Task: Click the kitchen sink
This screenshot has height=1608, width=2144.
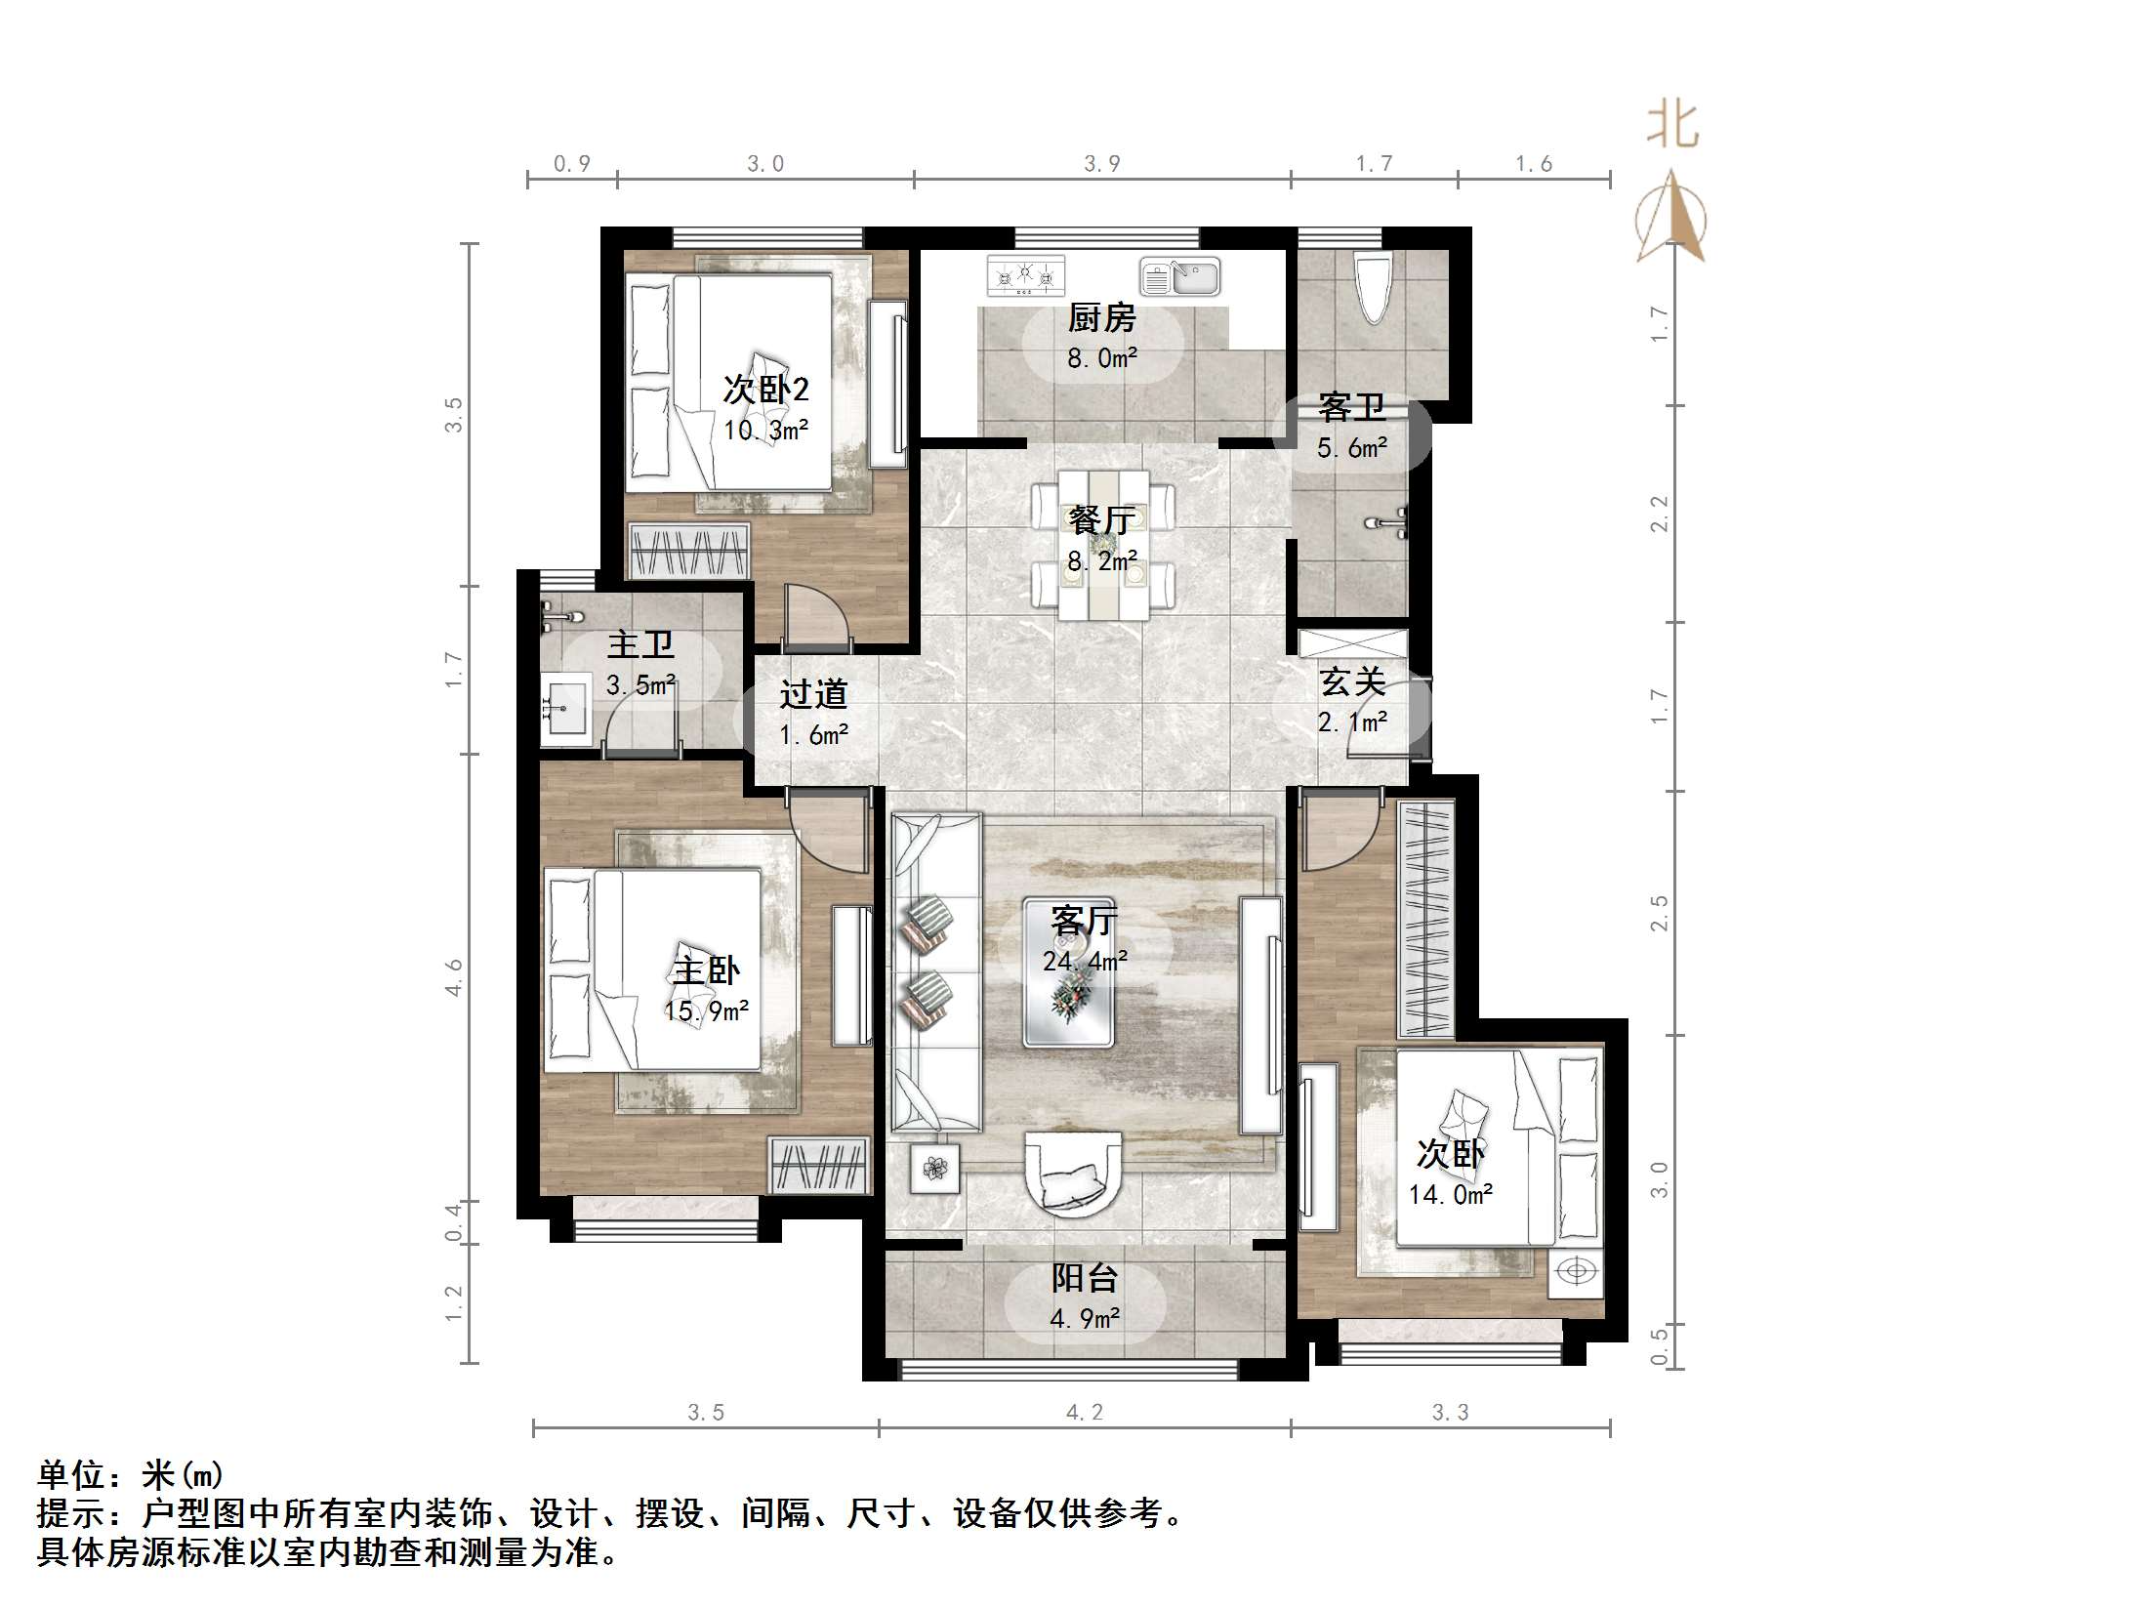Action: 1180,277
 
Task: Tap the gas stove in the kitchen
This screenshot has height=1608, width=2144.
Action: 1024,277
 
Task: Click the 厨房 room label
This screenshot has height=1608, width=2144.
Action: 1101,317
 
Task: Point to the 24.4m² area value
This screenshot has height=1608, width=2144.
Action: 1085,962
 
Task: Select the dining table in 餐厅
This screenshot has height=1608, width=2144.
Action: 1103,545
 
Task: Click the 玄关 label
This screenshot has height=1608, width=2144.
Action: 1352,681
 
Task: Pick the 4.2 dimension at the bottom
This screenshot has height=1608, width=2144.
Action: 1084,1412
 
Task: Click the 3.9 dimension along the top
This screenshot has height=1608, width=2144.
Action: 1101,164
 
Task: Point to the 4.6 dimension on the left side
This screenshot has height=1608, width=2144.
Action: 454,976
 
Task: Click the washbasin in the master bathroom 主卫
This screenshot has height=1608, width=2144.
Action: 565,709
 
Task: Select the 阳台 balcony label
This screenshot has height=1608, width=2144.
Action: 1084,1278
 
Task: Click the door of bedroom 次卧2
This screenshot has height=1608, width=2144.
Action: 815,620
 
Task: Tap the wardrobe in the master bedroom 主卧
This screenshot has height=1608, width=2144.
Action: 818,1165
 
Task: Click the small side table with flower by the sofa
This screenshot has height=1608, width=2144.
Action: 935,1168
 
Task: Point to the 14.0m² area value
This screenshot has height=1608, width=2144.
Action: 1450,1195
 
